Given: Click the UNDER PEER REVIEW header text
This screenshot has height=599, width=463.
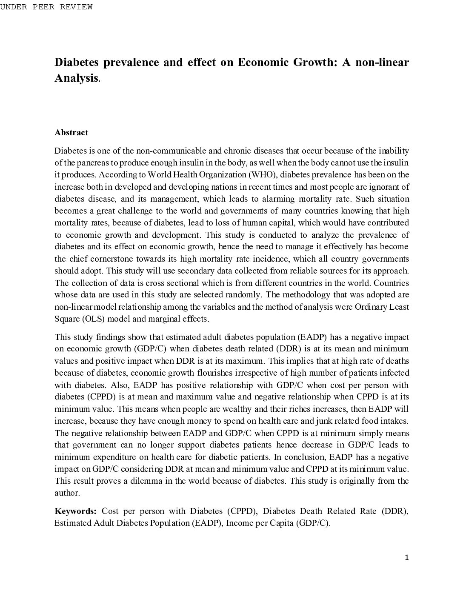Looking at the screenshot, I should (46, 7).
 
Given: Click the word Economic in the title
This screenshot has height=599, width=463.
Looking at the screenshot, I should (263, 63).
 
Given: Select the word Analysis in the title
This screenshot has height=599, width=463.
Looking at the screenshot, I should (76, 78).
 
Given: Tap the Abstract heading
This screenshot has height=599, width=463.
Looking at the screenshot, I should (71, 133).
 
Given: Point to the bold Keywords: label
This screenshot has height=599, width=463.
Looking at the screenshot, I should (76, 511).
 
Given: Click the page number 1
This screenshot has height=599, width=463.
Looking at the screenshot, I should (407, 558).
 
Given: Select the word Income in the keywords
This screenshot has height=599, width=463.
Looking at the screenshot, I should (239, 523).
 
